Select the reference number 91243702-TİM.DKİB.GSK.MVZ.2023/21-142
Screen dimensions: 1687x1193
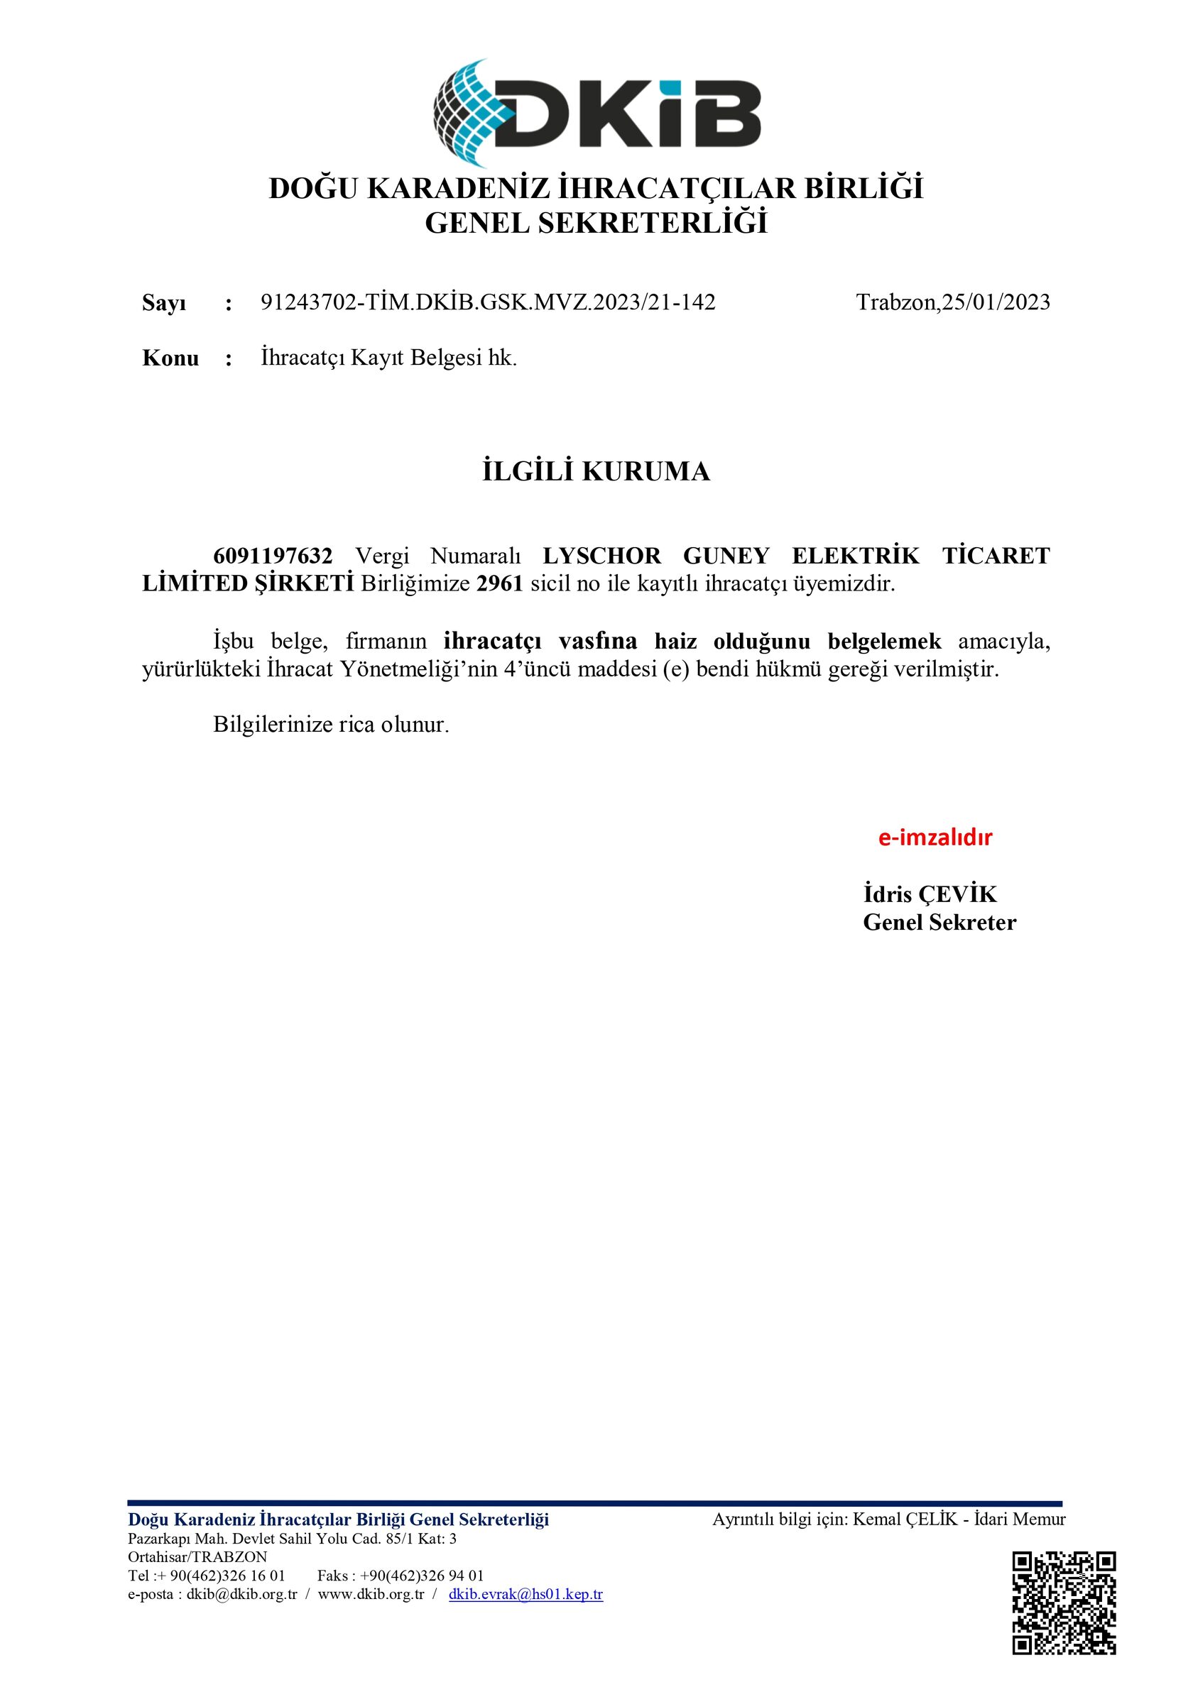[x=488, y=302]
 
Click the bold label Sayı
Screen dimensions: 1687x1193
[x=164, y=303]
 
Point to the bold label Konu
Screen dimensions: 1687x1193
[x=170, y=358]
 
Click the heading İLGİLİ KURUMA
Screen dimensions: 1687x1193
[x=596, y=471]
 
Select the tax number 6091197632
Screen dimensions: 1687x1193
[x=273, y=556]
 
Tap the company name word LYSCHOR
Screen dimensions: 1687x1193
[x=601, y=556]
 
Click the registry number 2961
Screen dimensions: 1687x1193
[x=499, y=583]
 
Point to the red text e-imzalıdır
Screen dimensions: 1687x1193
[x=935, y=837]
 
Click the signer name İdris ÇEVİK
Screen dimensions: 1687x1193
[x=930, y=894]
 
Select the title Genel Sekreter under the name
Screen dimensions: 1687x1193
[x=939, y=922]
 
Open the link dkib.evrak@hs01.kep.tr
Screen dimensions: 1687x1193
[x=525, y=1594]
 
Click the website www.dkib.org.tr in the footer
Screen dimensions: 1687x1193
[x=371, y=1594]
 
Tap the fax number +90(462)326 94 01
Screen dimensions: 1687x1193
[x=422, y=1576]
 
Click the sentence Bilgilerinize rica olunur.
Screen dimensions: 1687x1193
[x=331, y=725]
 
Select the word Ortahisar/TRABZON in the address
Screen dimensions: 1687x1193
[x=197, y=1556]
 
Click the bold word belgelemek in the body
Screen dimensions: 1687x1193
[x=884, y=642]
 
